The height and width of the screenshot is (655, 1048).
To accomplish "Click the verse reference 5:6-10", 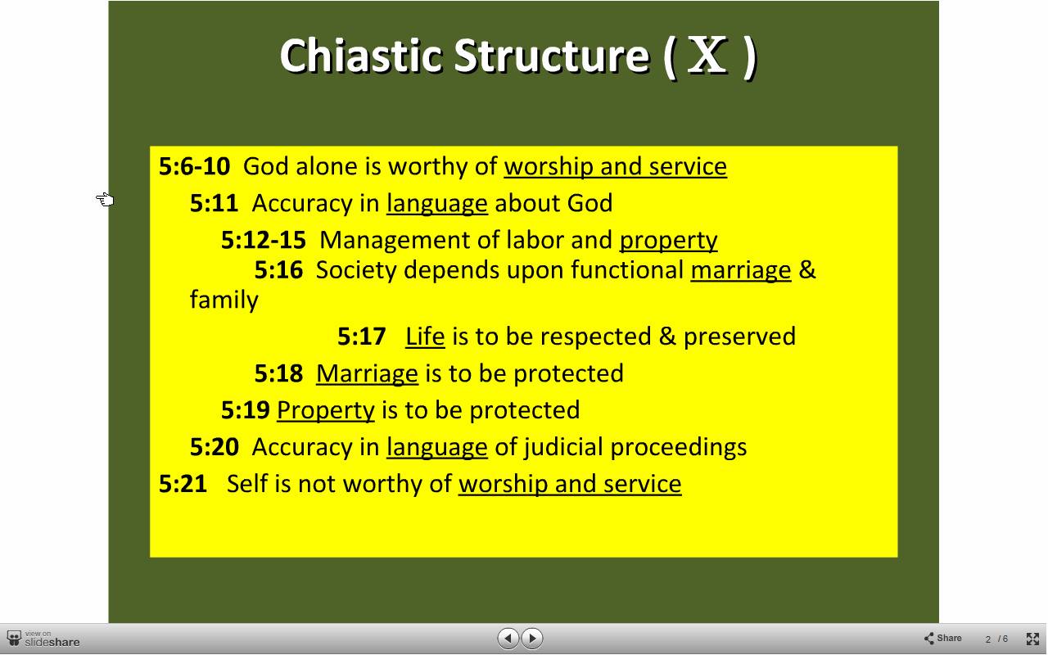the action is tap(195, 166).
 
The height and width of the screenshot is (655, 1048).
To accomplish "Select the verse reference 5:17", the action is tap(362, 337).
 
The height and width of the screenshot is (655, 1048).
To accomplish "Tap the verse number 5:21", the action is tap(183, 484).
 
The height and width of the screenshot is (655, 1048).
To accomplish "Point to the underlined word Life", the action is tap(425, 337).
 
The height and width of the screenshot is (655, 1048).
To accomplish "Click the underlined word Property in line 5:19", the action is tap(326, 410).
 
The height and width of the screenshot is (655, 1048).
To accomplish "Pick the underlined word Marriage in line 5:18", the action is tap(368, 373).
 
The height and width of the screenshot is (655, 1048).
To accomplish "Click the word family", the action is tap(224, 300).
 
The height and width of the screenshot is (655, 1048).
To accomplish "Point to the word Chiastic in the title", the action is tap(361, 56).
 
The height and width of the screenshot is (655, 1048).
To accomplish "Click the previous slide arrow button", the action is tap(508, 638).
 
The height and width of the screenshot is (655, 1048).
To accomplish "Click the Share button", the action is tap(942, 638).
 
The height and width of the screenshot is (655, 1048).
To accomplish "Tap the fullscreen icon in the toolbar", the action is tap(1032, 639).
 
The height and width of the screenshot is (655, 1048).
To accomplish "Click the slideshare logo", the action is tap(43, 639).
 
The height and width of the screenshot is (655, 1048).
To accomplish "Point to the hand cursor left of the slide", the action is tap(106, 199).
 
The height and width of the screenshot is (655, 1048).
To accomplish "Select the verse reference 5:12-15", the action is tap(264, 240).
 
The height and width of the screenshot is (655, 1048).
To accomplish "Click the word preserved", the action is tap(739, 337).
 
